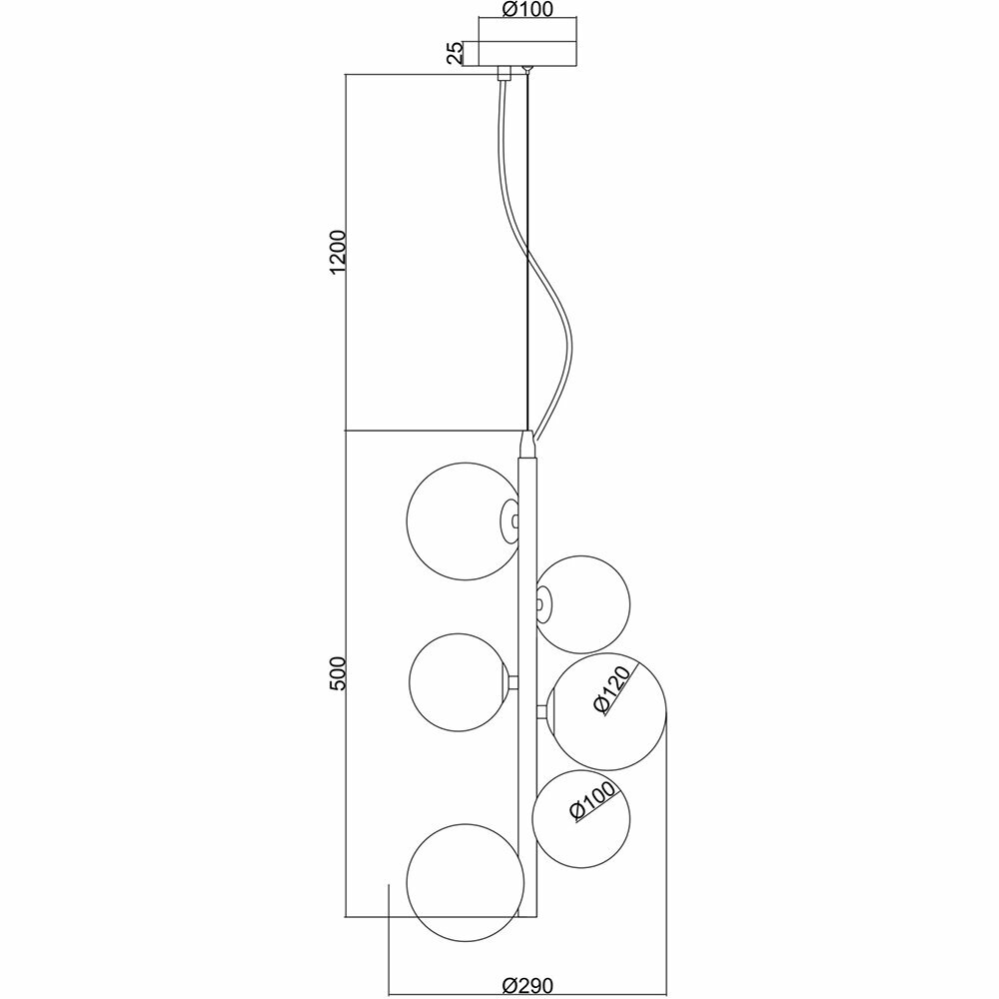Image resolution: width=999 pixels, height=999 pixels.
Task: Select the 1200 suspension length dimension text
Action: pos(339,253)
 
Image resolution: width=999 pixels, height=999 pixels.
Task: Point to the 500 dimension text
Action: pos(339,674)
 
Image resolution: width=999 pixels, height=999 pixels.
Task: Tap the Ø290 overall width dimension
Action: pos(526,985)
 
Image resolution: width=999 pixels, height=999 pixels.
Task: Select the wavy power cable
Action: pos(551,300)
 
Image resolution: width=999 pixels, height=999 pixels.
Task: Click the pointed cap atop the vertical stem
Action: pos(526,443)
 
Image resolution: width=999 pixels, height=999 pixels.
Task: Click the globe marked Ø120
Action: pos(607,714)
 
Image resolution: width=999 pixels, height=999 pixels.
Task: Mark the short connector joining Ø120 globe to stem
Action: pos(541,711)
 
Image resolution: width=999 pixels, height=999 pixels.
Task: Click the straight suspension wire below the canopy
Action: pos(525,250)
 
